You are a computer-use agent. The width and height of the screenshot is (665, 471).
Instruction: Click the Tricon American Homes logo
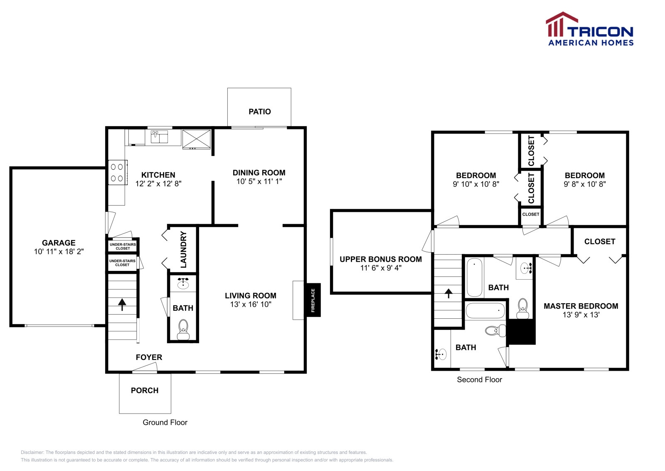(x=589, y=29)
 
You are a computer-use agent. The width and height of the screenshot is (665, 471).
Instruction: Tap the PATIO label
(x=259, y=112)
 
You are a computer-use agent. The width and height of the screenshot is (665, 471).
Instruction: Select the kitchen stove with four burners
(x=117, y=172)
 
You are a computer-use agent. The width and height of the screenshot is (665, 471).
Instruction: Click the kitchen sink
(x=159, y=136)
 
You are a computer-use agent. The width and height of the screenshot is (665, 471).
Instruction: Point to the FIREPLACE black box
(x=313, y=300)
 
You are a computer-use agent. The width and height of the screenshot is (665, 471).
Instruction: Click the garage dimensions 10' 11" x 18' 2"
(x=59, y=251)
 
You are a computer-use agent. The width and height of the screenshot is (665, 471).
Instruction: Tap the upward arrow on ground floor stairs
(x=122, y=305)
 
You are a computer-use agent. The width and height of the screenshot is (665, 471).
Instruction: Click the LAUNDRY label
(x=183, y=250)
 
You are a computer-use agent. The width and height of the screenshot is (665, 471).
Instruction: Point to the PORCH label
(x=145, y=390)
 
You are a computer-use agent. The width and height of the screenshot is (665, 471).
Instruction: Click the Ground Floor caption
(x=165, y=422)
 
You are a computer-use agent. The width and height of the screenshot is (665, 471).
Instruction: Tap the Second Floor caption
(x=479, y=379)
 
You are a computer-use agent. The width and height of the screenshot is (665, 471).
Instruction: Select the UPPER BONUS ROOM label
(x=380, y=259)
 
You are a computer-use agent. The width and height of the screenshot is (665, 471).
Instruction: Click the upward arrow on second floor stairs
(x=448, y=293)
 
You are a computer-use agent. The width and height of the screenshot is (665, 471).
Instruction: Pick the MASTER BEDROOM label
(x=581, y=306)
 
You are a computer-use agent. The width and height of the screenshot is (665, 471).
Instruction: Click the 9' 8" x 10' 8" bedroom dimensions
(x=584, y=184)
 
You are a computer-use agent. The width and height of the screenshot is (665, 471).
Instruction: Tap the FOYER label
(x=149, y=357)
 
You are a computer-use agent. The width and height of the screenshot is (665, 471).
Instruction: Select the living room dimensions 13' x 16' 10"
(x=251, y=304)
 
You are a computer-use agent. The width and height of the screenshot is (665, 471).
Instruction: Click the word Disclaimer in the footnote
(x=32, y=452)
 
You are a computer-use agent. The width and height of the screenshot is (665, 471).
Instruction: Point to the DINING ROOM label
(x=259, y=172)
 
